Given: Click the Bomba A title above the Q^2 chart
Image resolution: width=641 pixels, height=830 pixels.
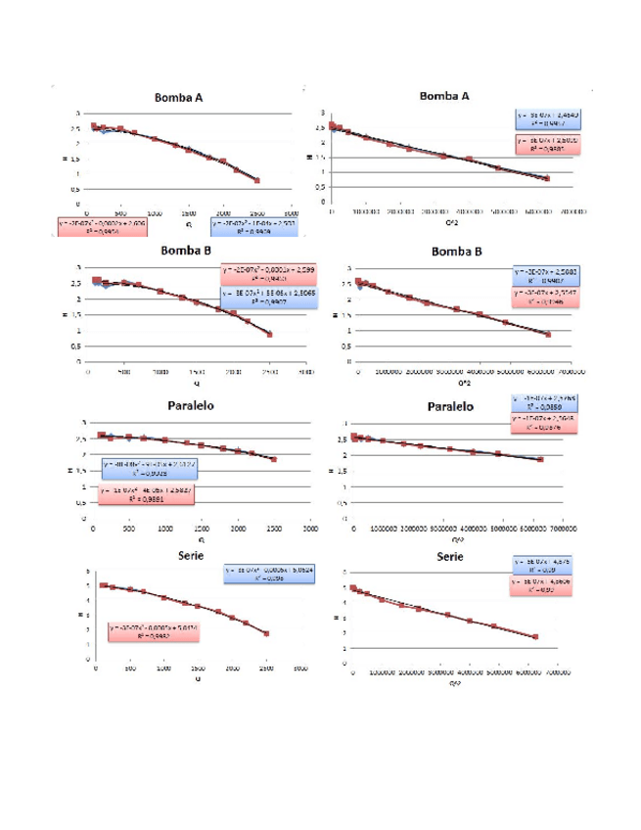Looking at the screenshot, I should tap(444, 96).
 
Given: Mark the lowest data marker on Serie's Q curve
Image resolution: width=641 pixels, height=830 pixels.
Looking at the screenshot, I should tap(266, 634).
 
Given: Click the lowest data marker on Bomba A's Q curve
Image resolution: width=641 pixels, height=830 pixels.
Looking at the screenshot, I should tap(256, 180).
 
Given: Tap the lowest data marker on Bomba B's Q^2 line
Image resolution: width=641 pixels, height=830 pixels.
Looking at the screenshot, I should tap(548, 335).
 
